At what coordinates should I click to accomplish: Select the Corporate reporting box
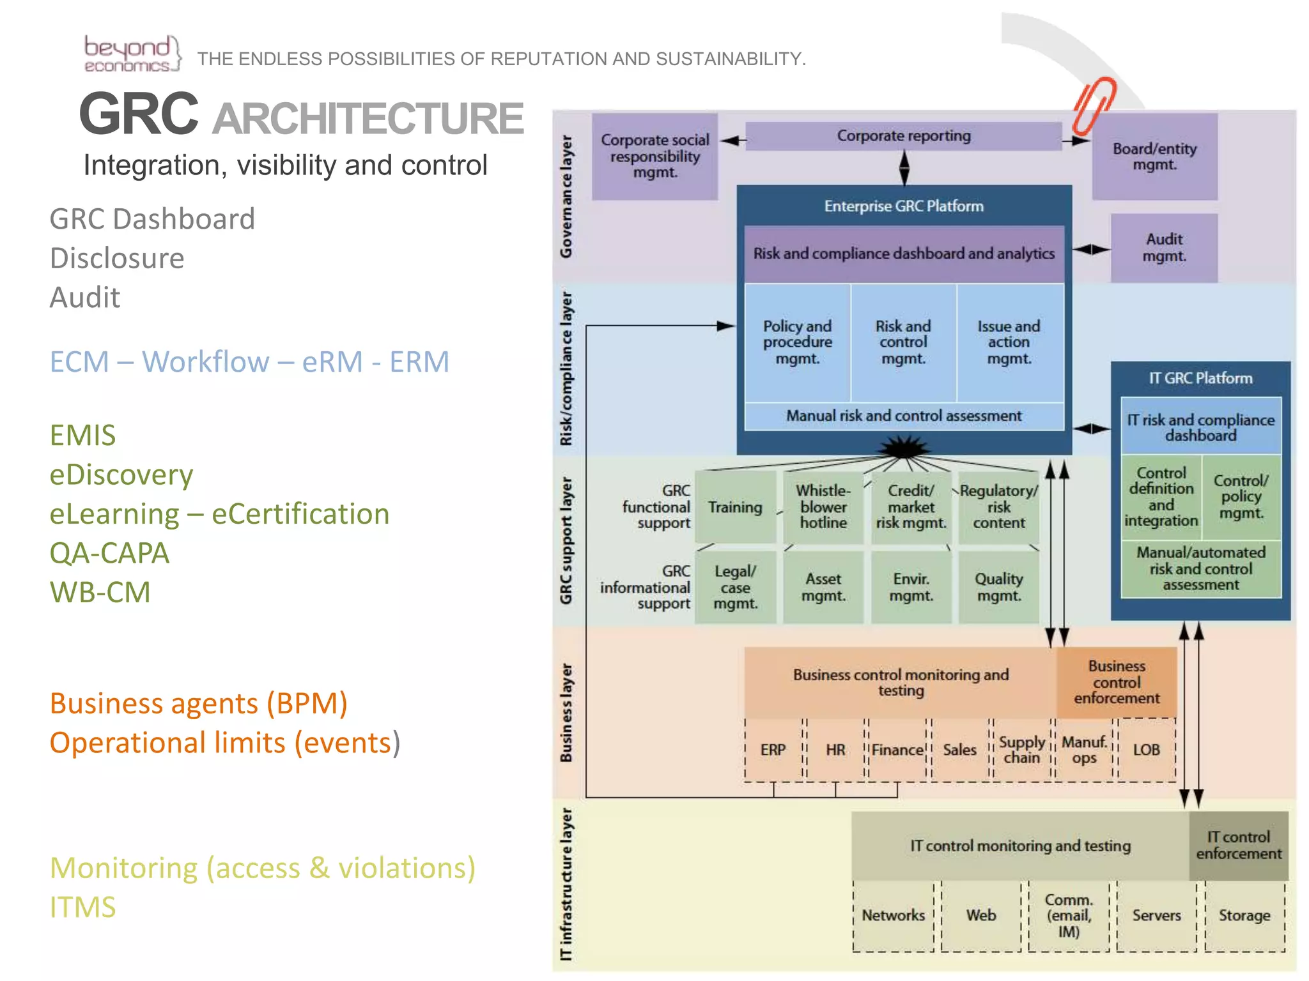[903, 136]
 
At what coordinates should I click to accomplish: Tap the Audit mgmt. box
[1164, 248]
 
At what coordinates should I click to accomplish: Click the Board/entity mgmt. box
[1154, 156]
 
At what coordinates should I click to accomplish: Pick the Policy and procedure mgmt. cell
[797, 342]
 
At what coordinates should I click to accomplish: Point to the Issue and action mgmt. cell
[1009, 342]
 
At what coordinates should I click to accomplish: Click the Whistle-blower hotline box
[823, 506]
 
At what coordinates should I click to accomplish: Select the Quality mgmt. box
[998, 587]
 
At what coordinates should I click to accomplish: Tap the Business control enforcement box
[1116, 682]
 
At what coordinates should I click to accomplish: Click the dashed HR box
[835, 750]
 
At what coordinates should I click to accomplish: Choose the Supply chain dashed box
[1021, 750]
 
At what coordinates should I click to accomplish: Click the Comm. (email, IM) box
[1068, 915]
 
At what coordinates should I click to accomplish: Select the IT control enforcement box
[1238, 845]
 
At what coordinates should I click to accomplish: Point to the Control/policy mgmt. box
[1241, 497]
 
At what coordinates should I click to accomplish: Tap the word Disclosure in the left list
[117, 259]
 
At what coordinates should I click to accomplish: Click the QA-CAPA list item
[109, 553]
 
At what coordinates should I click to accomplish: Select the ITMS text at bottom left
[83, 907]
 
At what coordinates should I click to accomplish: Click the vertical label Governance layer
[566, 196]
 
